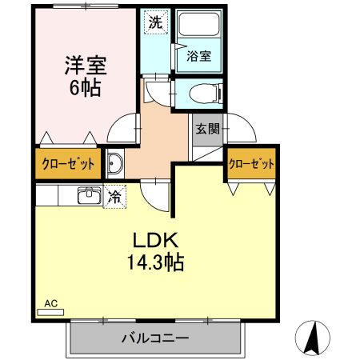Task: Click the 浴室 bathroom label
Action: (199, 58)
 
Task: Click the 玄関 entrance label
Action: (204, 128)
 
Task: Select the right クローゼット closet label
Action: (251, 164)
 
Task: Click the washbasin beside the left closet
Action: (113, 164)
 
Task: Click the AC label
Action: (50, 304)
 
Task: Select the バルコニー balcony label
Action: (155, 338)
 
